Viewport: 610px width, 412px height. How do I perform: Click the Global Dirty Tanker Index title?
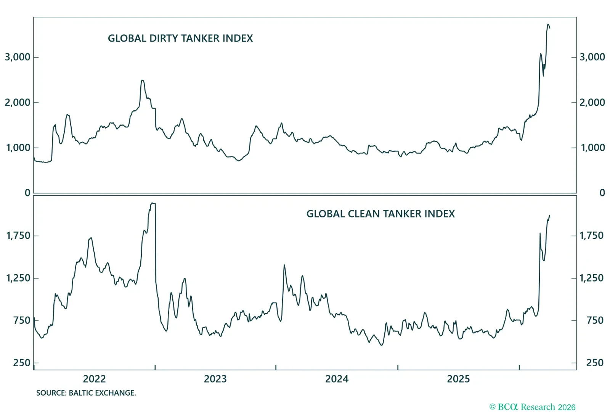pos(180,38)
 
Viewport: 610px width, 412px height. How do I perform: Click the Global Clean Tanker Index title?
pos(380,214)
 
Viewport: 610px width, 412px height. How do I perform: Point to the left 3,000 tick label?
pos(18,57)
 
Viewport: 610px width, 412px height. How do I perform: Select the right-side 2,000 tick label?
pos(592,102)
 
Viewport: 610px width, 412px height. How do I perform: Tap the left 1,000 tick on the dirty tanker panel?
pos(18,148)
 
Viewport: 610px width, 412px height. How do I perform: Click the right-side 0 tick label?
pos(602,193)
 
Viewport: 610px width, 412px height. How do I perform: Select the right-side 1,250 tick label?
pos(591,278)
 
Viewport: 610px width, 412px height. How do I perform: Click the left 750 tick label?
pos(21,320)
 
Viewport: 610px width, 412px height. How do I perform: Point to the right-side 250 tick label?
pos(595,363)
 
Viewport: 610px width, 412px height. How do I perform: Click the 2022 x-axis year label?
pos(94,379)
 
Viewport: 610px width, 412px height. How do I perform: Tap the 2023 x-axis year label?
pos(215,379)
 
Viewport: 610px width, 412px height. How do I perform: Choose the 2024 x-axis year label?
pos(337,379)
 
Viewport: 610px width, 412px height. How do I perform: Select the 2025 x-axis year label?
pos(458,379)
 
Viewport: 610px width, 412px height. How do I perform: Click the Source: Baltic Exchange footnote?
pos(86,393)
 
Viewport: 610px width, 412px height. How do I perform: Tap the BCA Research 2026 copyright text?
pos(532,407)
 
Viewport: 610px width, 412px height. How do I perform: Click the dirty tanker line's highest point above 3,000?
pos(548,24)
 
